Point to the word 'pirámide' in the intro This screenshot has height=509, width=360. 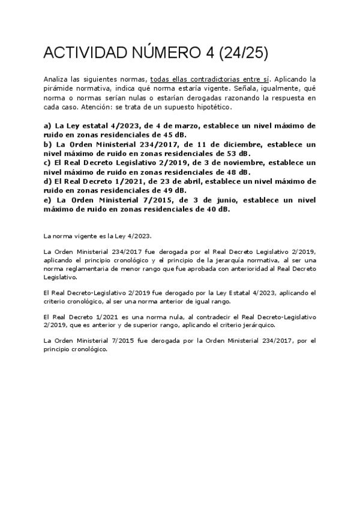[x=58, y=88]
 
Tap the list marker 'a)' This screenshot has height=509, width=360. [x=48, y=126]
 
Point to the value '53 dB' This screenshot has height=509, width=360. [x=230, y=154]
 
